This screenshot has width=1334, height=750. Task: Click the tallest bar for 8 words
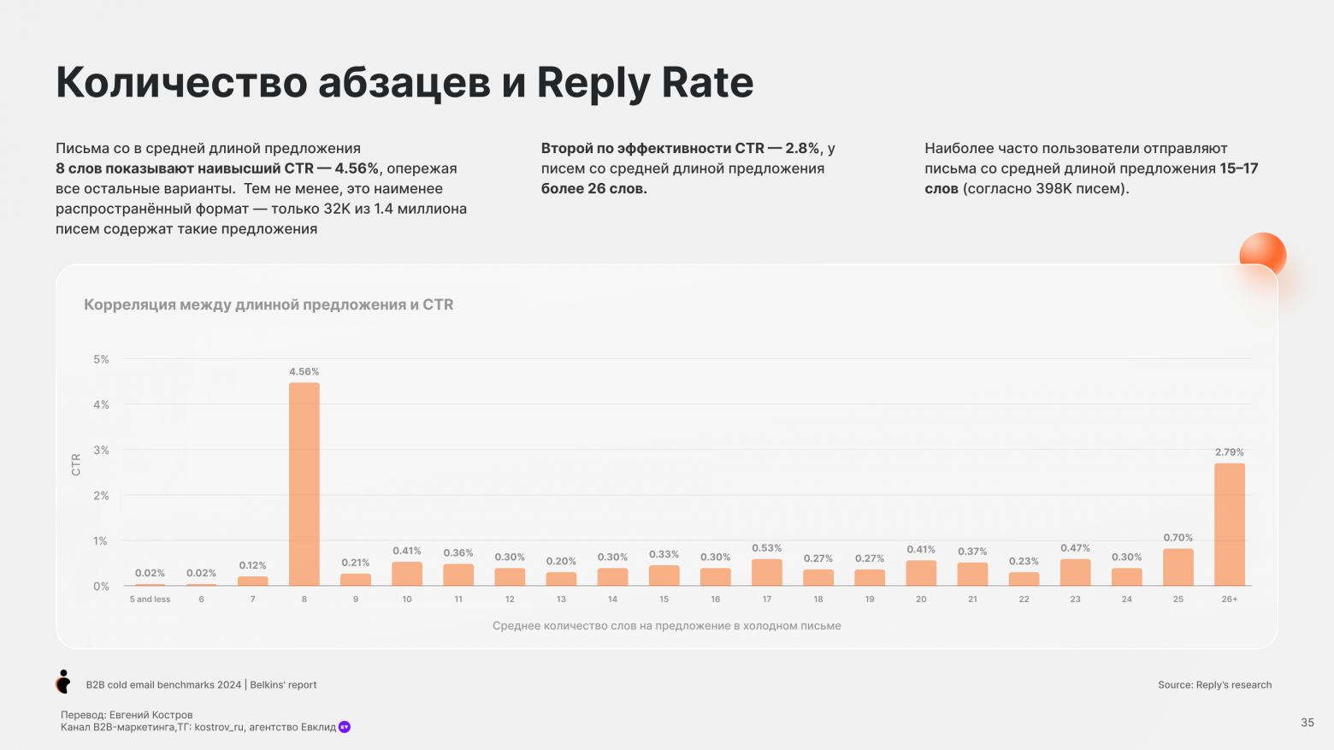coord(304,484)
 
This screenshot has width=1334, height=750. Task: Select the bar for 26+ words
coord(1229,524)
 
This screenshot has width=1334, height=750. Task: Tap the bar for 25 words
coord(1178,567)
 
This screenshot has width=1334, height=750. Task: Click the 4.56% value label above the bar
coord(304,372)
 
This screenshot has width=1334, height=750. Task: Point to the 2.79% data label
coord(1229,452)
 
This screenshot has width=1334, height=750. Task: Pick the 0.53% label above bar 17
coord(766,548)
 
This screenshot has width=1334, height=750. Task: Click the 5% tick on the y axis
coord(101,360)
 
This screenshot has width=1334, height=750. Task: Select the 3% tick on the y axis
coord(101,451)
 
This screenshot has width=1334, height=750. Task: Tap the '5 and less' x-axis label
coord(150,599)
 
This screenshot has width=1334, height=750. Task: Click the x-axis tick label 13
coord(561,599)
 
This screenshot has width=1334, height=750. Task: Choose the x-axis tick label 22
coord(1024,599)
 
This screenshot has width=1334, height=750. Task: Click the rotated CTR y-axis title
coord(76,464)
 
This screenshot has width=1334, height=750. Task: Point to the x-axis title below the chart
coord(666,626)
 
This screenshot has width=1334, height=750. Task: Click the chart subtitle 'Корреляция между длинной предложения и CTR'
coord(269,305)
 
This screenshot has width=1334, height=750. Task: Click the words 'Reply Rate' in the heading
coord(645,83)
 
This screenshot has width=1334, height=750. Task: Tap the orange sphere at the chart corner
coord(1262,255)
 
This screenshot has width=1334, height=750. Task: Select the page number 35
coord(1307,723)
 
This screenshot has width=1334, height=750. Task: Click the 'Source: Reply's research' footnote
coord(1214,685)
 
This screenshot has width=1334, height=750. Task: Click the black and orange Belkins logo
coord(63,682)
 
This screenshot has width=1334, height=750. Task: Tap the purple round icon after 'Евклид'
coord(345,727)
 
